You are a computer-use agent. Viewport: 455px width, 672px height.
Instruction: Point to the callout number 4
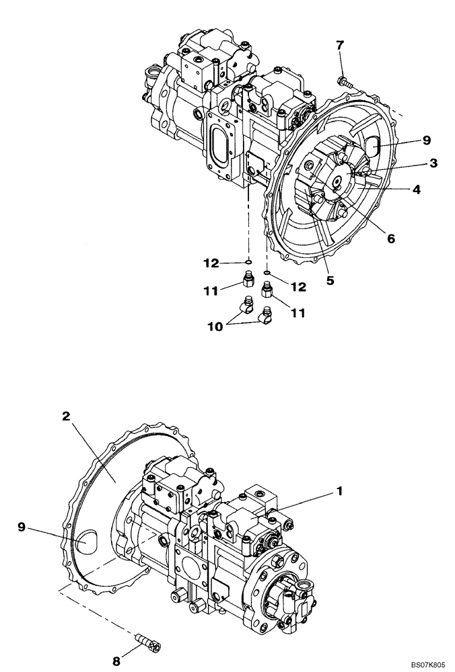pyautogui.click(x=417, y=190)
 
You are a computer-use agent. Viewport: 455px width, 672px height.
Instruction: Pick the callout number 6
pyautogui.click(x=330, y=281)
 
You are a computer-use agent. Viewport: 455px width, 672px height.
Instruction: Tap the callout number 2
pyautogui.click(x=66, y=416)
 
